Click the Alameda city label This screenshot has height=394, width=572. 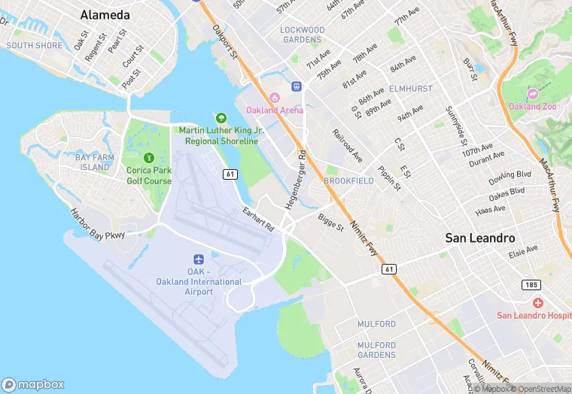coord(105,15)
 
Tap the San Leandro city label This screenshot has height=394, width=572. coord(480,238)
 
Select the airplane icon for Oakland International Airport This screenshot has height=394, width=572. coord(199,259)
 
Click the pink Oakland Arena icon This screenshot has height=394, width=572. coord(275,98)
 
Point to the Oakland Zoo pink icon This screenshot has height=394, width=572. coord(533,94)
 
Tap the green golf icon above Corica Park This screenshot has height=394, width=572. coord(149,158)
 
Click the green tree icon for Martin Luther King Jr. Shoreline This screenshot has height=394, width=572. coord(221,118)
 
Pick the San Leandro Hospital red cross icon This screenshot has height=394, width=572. coord(537,302)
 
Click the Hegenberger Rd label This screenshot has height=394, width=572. coord(297,180)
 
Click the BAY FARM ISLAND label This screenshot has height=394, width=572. coord(95,162)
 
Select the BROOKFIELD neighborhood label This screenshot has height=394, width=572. coord(348,181)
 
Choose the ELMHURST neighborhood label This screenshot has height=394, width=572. coord(410,89)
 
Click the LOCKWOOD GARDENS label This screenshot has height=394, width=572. coord(302,35)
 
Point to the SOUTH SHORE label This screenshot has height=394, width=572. coord(34,46)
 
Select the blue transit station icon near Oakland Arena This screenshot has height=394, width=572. coord(297,86)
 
